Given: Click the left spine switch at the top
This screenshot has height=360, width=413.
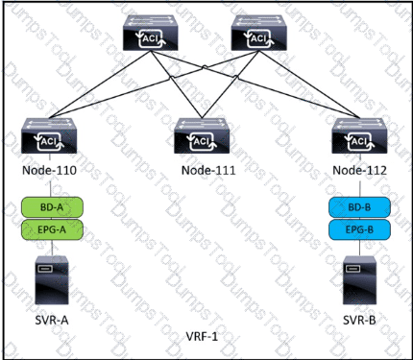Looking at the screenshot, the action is coord(151,33).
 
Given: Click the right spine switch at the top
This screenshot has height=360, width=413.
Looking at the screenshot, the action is coord(258,33).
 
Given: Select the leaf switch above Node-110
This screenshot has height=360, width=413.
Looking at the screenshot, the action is coord(49,135).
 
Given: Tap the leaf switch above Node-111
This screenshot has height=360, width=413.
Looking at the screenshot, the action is coord(202,135).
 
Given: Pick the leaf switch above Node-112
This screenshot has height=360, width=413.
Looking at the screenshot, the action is coord(359,135).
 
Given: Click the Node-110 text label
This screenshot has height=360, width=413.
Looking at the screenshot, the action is coord(49,170).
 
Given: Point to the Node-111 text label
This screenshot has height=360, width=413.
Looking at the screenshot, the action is coord(208,170).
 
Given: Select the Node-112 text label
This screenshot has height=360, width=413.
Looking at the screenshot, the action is coord(360,170).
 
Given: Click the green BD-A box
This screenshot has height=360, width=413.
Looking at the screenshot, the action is coord(52,207).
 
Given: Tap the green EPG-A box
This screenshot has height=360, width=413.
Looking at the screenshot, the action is coord(52,229).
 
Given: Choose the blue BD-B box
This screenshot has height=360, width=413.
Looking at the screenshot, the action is coord(359,207).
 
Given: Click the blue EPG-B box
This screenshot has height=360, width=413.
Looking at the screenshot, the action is coord(359,229).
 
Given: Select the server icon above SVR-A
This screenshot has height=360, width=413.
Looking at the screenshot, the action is coord(52,279).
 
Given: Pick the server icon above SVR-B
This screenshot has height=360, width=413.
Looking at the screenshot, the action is coord(359,279).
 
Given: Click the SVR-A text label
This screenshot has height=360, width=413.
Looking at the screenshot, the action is coord(52,320).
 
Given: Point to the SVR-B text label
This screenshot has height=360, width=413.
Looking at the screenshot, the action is coord(359,320).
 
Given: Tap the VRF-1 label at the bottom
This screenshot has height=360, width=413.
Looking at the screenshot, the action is coord(202,336).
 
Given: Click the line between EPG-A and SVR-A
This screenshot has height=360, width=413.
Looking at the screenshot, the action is coord(52,248).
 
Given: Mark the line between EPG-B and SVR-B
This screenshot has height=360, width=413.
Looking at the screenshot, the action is coord(359,248).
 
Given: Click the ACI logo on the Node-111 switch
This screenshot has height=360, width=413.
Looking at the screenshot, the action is coord(202,141).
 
